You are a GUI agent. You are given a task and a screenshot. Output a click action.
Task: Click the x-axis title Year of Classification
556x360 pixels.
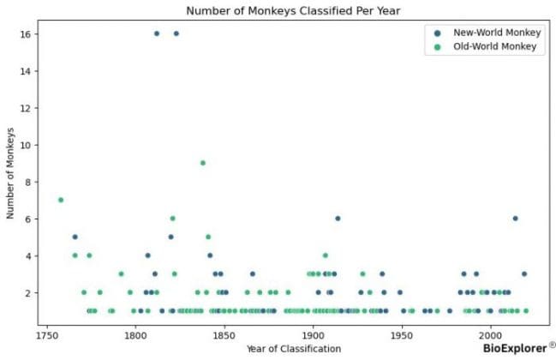(292, 347)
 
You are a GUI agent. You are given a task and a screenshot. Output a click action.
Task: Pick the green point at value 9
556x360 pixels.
(203, 163)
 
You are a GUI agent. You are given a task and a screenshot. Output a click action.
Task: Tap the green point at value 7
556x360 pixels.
(61, 200)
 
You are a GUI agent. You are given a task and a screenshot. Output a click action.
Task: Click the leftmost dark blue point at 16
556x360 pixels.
(157, 33)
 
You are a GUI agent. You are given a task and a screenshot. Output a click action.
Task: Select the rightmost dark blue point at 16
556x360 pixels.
(176, 33)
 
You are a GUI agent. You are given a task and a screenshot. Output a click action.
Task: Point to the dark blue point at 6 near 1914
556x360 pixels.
(338, 219)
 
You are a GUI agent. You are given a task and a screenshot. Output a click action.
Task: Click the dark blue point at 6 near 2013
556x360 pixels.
(515, 219)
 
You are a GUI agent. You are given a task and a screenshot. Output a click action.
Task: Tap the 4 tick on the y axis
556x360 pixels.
(27, 255)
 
